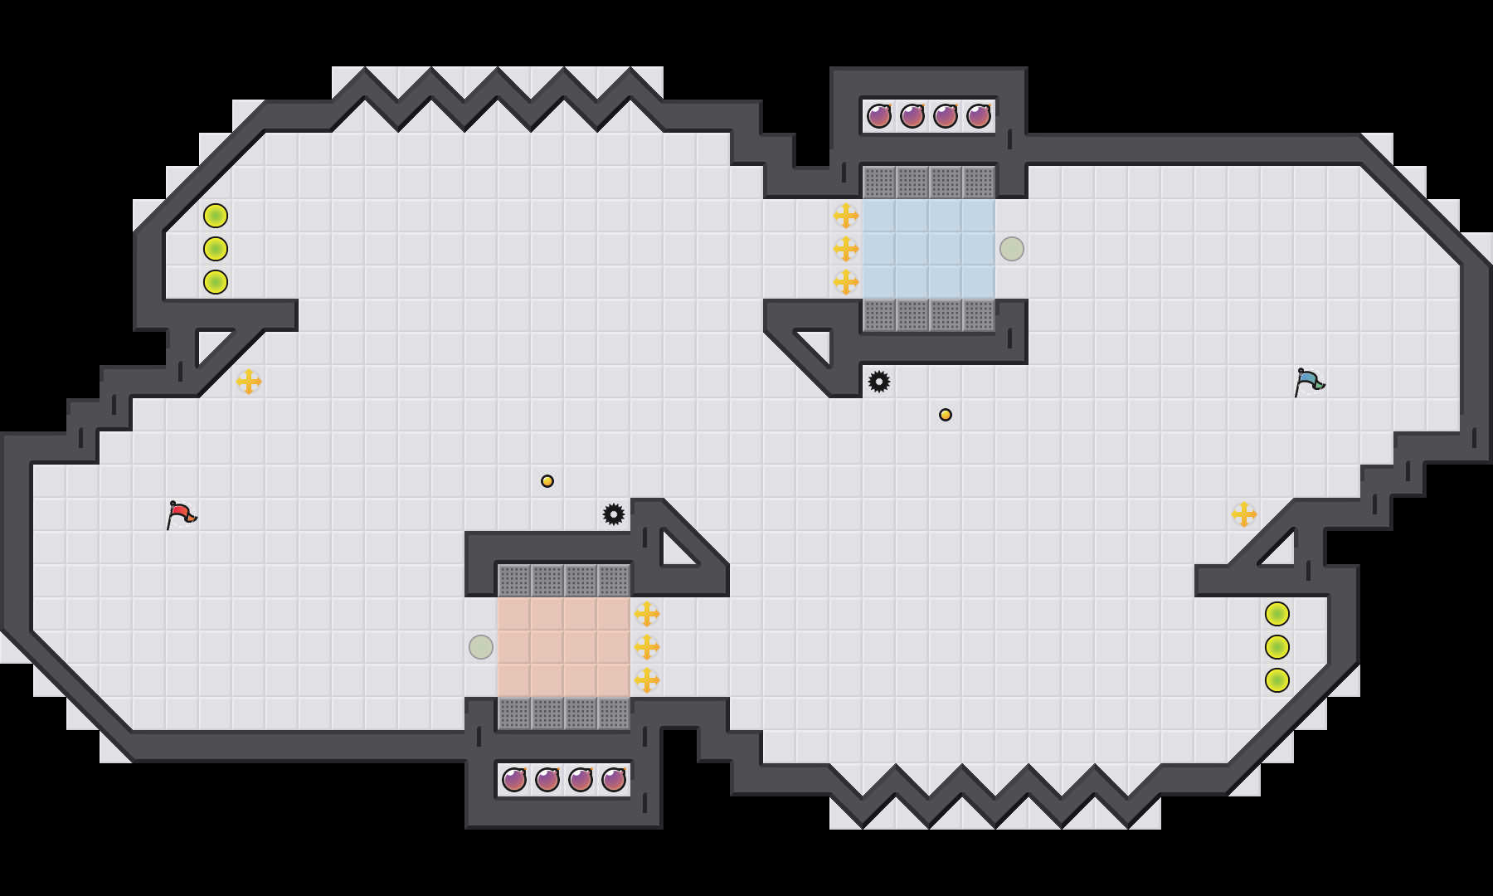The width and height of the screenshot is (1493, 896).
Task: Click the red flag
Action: click(x=181, y=514)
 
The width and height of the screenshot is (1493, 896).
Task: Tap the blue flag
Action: click(x=1309, y=382)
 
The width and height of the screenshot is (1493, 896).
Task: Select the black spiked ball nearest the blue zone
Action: click(x=879, y=382)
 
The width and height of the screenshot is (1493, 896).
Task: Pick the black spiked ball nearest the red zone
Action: click(x=614, y=514)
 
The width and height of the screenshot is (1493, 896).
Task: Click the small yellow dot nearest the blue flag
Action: click(x=946, y=415)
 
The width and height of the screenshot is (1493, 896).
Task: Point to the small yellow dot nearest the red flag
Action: click(x=547, y=481)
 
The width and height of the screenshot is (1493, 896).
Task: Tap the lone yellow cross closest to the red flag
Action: click(x=249, y=382)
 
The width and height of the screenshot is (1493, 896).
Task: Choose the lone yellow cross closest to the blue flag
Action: click(x=1244, y=514)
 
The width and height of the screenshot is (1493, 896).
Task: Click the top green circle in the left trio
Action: click(x=216, y=216)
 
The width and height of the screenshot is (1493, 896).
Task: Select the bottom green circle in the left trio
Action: click(x=216, y=282)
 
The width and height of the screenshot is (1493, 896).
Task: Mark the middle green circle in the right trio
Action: click(x=1277, y=647)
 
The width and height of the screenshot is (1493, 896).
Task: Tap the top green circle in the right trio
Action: click(x=1277, y=614)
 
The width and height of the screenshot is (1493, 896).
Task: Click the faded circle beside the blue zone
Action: click(x=1012, y=249)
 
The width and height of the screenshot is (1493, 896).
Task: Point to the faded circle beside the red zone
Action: click(x=481, y=647)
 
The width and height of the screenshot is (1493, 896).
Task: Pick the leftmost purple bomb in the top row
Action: click(x=879, y=116)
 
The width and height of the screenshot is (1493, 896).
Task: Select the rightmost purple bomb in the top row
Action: click(x=979, y=116)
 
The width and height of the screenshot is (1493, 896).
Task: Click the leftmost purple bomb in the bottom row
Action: click(x=514, y=780)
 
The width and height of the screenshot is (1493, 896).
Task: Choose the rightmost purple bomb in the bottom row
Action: click(x=614, y=780)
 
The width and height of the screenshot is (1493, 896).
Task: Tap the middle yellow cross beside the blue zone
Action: click(x=846, y=249)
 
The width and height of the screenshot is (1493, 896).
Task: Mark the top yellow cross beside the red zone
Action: click(x=647, y=614)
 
